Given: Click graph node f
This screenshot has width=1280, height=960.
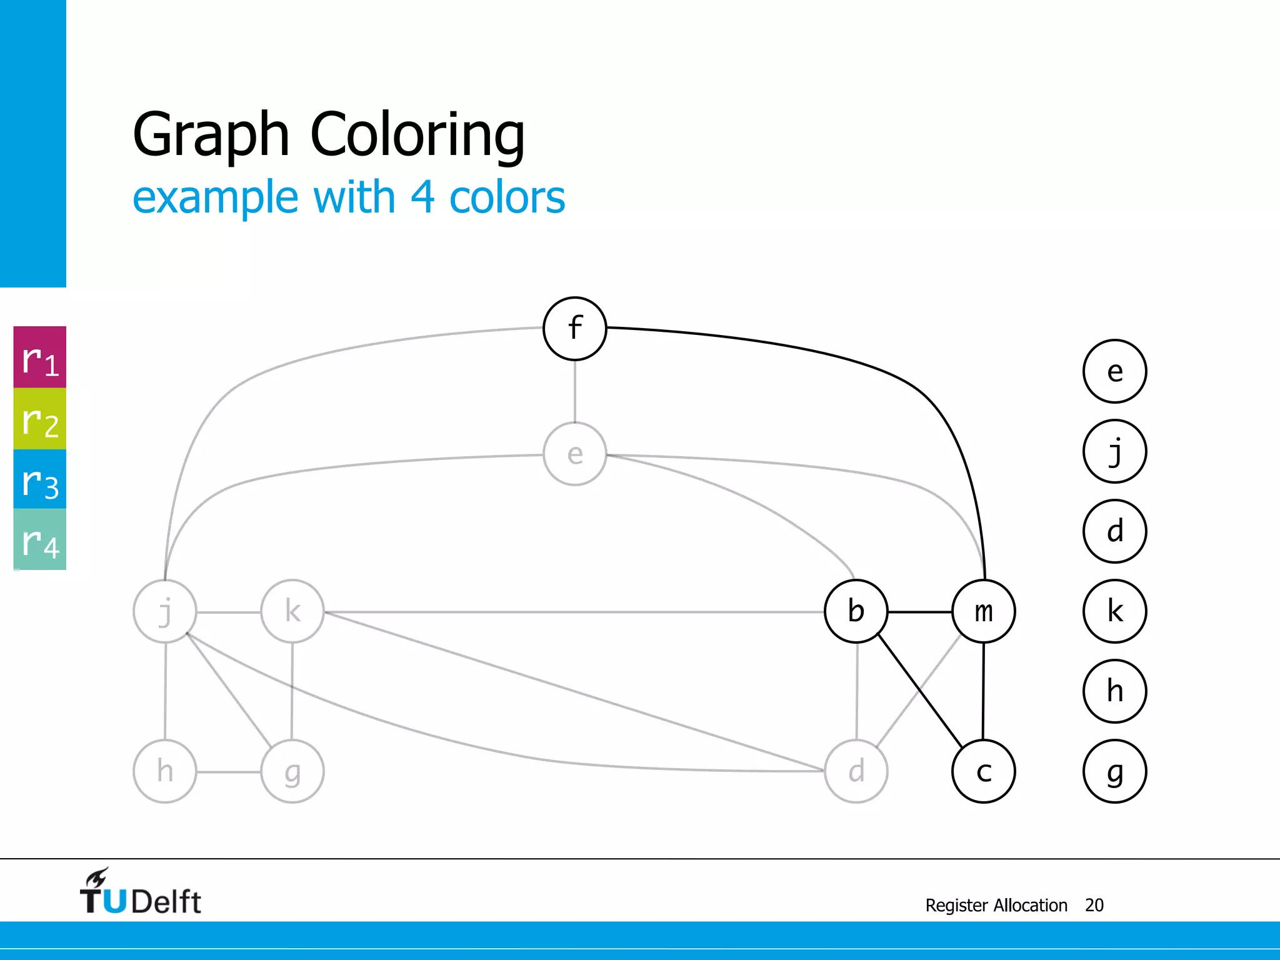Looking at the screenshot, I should [x=574, y=329].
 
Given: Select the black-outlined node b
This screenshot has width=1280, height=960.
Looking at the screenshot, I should [x=856, y=611].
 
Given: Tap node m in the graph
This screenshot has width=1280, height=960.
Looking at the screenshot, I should [x=983, y=611].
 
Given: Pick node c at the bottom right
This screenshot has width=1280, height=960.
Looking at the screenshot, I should [x=983, y=771].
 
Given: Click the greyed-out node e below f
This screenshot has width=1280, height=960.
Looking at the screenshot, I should [x=574, y=454].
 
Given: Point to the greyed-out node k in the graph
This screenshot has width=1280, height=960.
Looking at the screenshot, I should [x=292, y=611].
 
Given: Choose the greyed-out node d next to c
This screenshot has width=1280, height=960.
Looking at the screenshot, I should [x=856, y=771].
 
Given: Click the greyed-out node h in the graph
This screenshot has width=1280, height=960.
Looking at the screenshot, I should [x=165, y=771].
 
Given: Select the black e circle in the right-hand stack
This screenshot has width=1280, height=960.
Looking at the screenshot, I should [x=1114, y=371].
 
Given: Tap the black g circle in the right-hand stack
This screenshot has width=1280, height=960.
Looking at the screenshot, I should [x=1114, y=771].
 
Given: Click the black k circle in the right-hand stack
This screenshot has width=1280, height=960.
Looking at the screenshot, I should [x=1114, y=611].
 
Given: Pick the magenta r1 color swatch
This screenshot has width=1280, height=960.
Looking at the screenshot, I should [x=40, y=357].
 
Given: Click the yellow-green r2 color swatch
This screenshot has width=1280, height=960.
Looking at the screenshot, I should [x=40, y=419].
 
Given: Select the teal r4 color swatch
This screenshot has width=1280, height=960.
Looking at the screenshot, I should [x=40, y=539].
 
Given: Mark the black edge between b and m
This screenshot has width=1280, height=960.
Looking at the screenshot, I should [x=919, y=612].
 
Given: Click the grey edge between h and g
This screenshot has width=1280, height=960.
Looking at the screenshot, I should [x=229, y=772].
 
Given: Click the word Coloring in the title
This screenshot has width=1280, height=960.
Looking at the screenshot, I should [x=417, y=135].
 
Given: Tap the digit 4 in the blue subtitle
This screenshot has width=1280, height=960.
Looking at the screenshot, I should [x=422, y=197].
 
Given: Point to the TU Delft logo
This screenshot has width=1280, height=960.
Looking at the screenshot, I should [x=140, y=893].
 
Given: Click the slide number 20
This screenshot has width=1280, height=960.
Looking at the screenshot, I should [x=1094, y=905].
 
